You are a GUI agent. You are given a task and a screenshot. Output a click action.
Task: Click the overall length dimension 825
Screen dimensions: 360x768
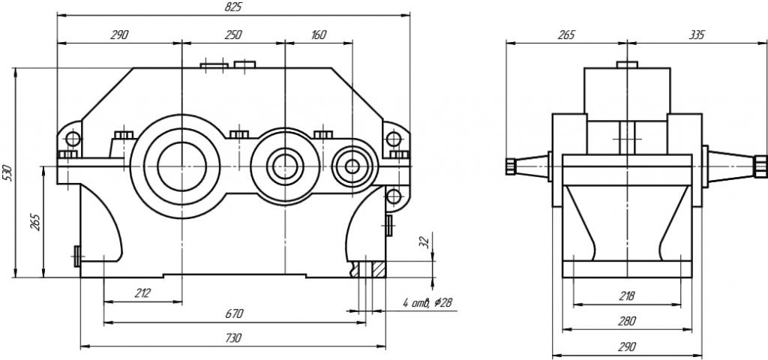point(233,7)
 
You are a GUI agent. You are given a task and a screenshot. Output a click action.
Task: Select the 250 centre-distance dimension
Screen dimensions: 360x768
point(233,34)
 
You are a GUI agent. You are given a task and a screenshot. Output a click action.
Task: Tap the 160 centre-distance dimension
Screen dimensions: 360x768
point(318,34)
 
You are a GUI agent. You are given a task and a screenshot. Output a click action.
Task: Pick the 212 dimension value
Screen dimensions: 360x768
point(142,292)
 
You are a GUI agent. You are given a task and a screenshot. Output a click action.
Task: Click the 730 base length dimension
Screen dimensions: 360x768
point(233,338)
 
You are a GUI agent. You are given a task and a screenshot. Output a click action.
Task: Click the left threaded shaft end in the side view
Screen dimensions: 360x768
point(511,165)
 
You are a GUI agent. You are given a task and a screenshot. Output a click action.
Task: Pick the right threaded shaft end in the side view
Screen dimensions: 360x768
point(760,165)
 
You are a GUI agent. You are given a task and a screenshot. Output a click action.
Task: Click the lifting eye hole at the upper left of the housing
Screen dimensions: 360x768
point(73,139)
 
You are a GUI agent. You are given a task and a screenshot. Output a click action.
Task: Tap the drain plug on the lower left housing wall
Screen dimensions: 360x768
point(77,256)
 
